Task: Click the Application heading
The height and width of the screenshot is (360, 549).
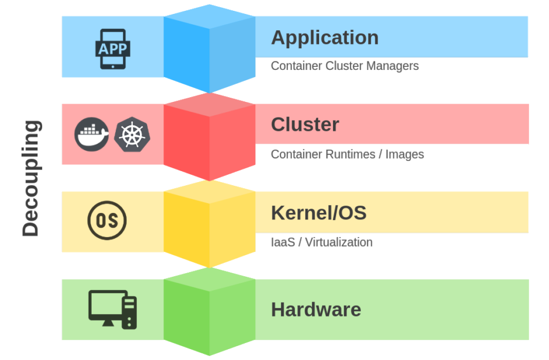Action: [x=325, y=37]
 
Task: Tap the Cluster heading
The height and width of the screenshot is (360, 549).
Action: [x=305, y=124]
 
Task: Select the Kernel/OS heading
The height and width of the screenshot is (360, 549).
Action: [x=319, y=213]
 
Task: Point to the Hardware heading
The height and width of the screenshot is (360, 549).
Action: [x=316, y=309]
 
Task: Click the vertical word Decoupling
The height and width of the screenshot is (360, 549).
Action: [x=30, y=178]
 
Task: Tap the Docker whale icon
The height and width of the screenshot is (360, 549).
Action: [x=92, y=133]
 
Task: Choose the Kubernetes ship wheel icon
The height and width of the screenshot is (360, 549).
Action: [x=132, y=133]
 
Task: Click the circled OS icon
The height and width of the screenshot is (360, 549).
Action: [x=107, y=221]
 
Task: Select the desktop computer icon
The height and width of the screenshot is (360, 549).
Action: [x=112, y=309]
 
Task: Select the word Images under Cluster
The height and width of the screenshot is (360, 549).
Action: [x=404, y=154]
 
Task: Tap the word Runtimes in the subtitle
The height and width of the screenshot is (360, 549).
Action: [x=349, y=154]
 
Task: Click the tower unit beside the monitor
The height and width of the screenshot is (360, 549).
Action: [x=129, y=312]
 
